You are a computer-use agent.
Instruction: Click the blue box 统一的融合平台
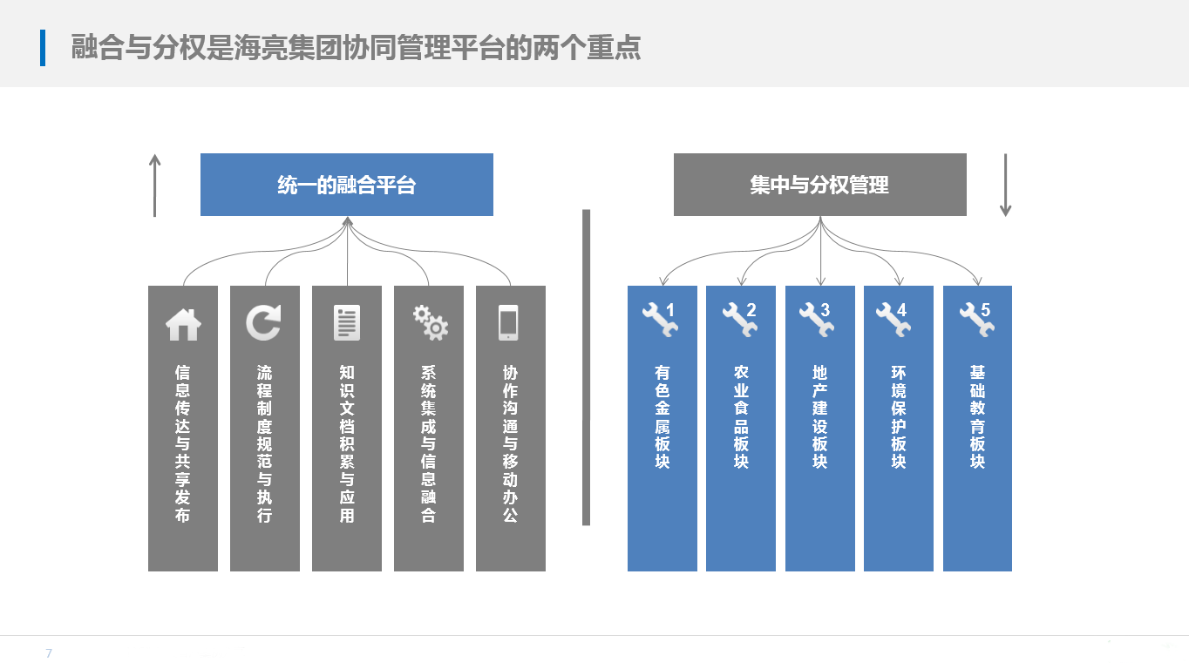(x=346, y=185)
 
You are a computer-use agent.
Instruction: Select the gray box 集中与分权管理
(x=819, y=185)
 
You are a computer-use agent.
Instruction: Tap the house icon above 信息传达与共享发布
(x=183, y=324)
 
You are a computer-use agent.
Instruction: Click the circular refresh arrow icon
(x=264, y=323)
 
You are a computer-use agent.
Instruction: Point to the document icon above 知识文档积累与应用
(x=346, y=323)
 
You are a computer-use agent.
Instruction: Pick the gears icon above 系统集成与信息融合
(x=430, y=322)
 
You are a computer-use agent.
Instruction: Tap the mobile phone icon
(x=509, y=322)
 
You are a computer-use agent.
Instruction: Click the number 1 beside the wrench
(x=670, y=310)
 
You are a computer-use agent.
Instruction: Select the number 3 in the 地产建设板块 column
(x=825, y=310)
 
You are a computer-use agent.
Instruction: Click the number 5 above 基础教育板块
(x=986, y=310)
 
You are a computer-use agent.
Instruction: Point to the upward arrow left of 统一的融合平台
(x=154, y=186)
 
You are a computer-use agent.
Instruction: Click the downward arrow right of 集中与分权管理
(x=1005, y=185)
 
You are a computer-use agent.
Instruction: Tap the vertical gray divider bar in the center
(x=586, y=367)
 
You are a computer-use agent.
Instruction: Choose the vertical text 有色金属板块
(x=662, y=416)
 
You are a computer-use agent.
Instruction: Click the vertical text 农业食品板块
(x=741, y=416)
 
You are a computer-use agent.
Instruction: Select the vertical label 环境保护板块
(x=899, y=416)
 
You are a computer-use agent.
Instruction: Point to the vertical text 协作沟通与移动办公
(x=510, y=443)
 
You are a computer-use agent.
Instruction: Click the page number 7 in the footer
(x=49, y=653)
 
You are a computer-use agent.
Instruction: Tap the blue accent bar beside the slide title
(x=43, y=47)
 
